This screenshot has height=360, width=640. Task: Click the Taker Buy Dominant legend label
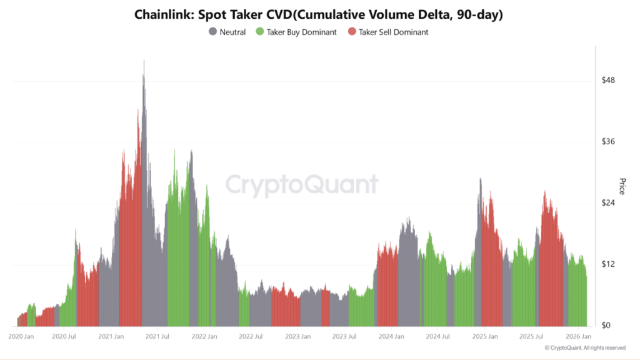coord(300,32)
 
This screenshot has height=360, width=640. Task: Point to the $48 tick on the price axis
coord(609,80)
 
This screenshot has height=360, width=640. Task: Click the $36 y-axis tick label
coord(609,142)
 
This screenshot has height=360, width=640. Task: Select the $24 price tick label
coord(609,203)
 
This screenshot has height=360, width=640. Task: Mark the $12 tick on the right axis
coord(609,264)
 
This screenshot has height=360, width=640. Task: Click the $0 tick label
coord(607,326)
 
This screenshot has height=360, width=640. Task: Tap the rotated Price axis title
coord(622,186)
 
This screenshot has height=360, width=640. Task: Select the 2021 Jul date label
coord(157,336)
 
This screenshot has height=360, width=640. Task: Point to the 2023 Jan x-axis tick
coord(297,336)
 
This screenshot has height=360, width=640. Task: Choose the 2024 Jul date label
coord(437,336)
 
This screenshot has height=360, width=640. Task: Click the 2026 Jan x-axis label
coord(578,336)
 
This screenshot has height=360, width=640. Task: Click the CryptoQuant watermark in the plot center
coord(301,186)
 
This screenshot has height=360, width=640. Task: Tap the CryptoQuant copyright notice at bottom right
coord(585,347)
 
